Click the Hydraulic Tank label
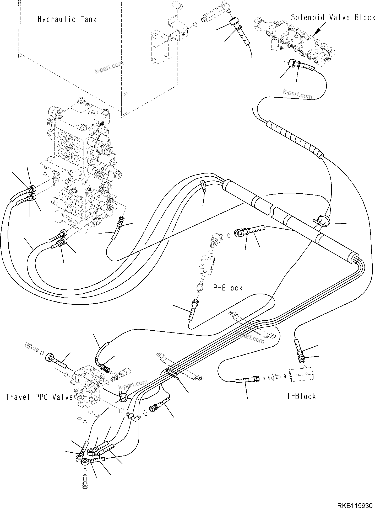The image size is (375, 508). click(67, 20)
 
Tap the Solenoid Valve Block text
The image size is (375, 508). click(333, 18)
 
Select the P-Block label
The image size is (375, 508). click(228, 288)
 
